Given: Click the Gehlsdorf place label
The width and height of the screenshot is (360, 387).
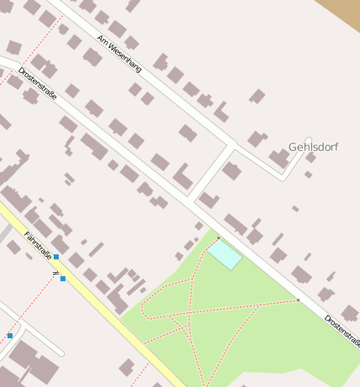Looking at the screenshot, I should pyautogui.click(x=313, y=147).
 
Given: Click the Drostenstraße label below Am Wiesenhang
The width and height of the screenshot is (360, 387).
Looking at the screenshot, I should pyautogui.click(x=38, y=84).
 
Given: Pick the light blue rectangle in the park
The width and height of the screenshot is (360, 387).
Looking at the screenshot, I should pyautogui.click(x=225, y=254).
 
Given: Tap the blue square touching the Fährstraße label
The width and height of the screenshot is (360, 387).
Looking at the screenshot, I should pyautogui.click(x=56, y=257).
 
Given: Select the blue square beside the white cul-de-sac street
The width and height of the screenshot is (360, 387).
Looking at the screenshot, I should pyautogui.click(x=10, y=336).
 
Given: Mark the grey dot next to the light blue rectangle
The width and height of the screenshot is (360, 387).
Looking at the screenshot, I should pyautogui.click(x=218, y=238).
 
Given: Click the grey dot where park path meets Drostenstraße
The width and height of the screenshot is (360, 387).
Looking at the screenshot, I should pyautogui.click(x=298, y=300).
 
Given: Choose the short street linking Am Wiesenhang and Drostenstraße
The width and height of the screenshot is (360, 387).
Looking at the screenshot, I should pyautogui.click(x=211, y=174).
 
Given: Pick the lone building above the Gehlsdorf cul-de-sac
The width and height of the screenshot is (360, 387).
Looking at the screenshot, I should pyautogui.click(x=257, y=96).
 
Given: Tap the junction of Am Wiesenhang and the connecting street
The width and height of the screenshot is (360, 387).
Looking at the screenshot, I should pyautogui.click(x=232, y=145).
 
